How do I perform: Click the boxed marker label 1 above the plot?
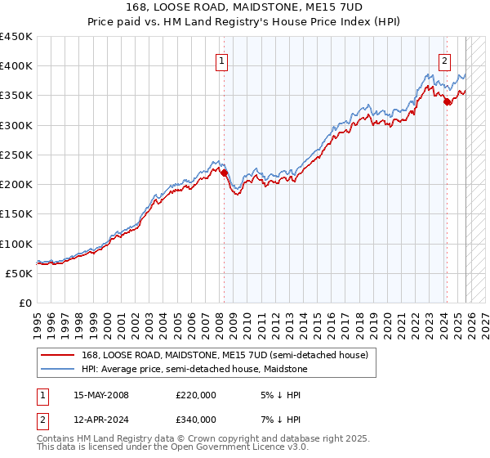click(x=222, y=60)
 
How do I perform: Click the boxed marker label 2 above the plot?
click(x=445, y=60)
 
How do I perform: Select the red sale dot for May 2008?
click(x=224, y=173)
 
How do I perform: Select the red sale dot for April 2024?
click(x=448, y=102)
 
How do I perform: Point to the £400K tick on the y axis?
click(x=16, y=66)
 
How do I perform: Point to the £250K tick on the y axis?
click(x=16, y=155)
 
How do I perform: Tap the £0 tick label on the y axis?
click(x=26, y=303)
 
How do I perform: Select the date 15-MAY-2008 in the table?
click(x=101, y=395)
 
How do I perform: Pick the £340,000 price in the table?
click(x=196, y=420)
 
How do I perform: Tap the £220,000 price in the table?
click(x=196, y=395)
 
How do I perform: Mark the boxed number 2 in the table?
click(x=43, y=420)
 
